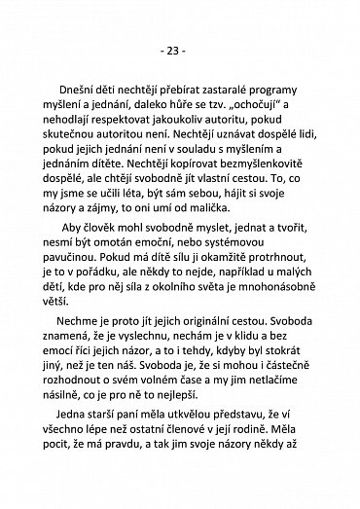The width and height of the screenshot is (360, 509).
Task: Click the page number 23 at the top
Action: [179, 49]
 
